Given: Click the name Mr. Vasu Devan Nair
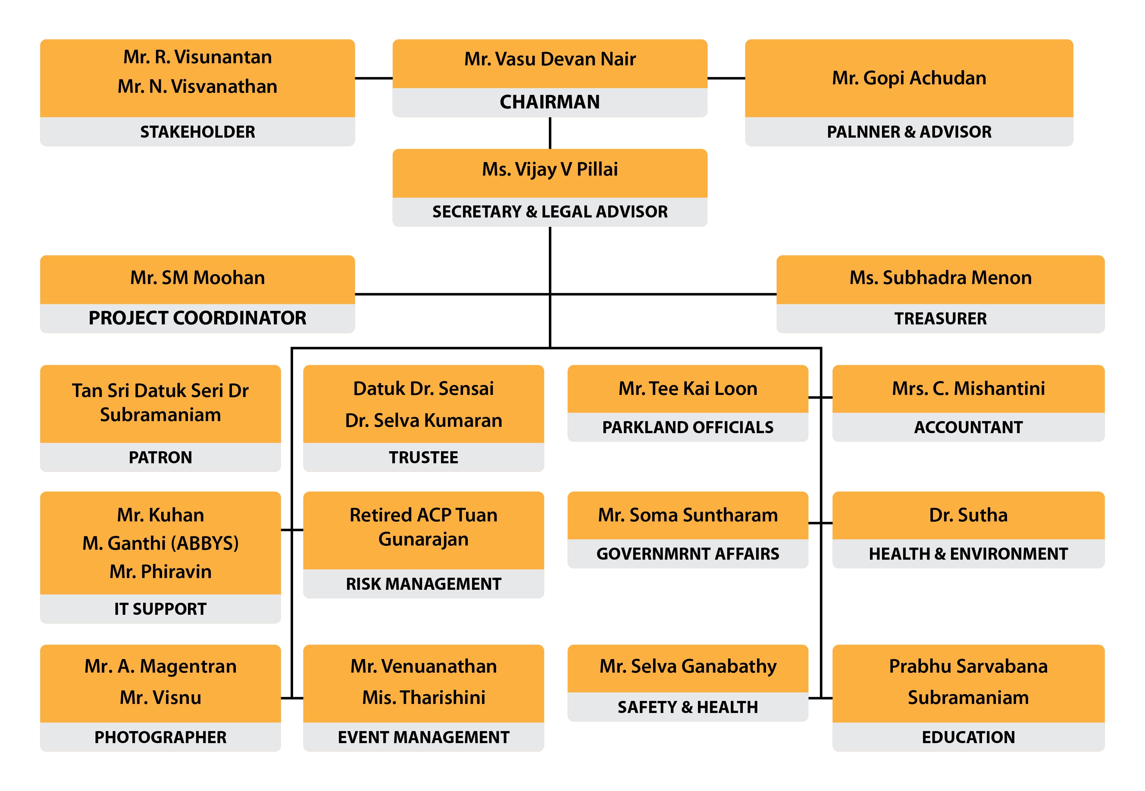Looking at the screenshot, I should pyautogui.click(x=550, y=59).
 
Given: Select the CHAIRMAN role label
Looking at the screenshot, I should pyautogui.click(x=550, y=102).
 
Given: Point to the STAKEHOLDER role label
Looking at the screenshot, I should pyautogui.click(x=197, y=132).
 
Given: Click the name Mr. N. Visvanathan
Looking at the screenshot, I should pyautogui.click(x=197, y=87).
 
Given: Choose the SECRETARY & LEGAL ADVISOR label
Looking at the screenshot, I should pyautogui.click(x=550, y=212).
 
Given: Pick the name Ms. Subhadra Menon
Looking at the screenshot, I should pyautogui.click(x=940, y=278).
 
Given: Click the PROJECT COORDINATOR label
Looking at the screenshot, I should pyautogui.click(x=197, y=318).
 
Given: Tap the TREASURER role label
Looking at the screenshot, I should pyautogui.click(x=940, y=319).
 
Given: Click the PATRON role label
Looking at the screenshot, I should pyautogui.click(x=160, y=458).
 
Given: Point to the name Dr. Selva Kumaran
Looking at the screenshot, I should pyautogui.click(x=423, y=421).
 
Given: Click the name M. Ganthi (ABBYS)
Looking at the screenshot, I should pyautogui.click(x=160, y=544).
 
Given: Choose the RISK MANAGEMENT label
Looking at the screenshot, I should pyautogui.click(x=423, y=584).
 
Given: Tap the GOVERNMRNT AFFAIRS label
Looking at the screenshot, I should pyautogui.click(x=687, y=554).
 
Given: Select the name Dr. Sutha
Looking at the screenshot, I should pyautogui.click(x=968, y=515).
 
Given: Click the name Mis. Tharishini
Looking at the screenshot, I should pyautogui.click(x=423, y=698).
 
